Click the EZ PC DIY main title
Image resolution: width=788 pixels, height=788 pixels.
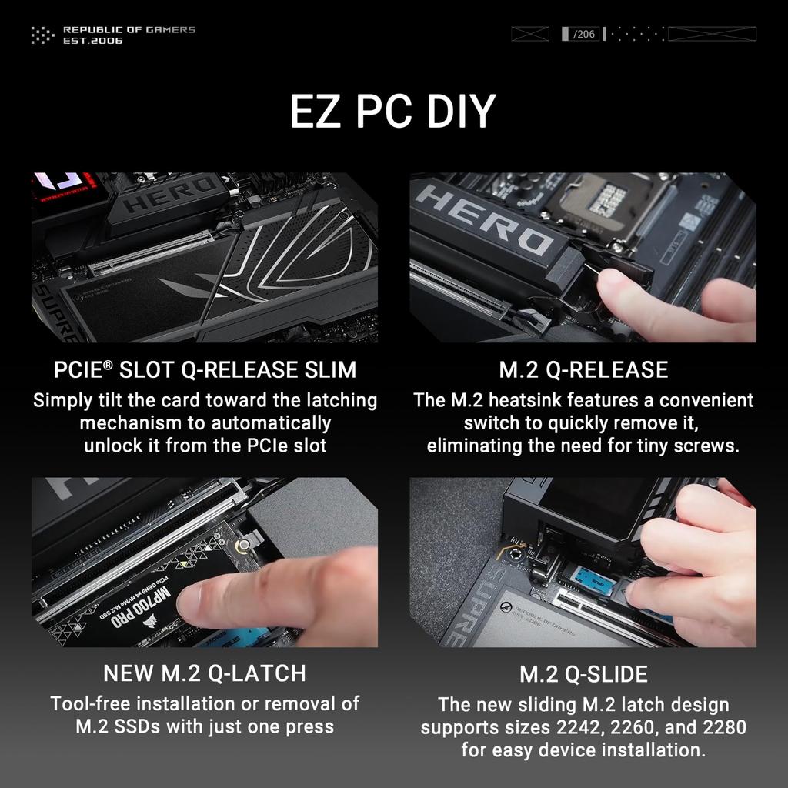(393, 112)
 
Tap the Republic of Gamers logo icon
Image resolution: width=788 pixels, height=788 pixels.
(42, 35)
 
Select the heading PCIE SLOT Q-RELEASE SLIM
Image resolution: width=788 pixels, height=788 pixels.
(205, 370)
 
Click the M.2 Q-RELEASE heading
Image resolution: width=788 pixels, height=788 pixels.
(583, 370)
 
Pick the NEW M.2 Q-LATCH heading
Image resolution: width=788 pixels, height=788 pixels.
(205, 673)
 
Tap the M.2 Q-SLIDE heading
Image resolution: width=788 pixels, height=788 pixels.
(583, 675)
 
